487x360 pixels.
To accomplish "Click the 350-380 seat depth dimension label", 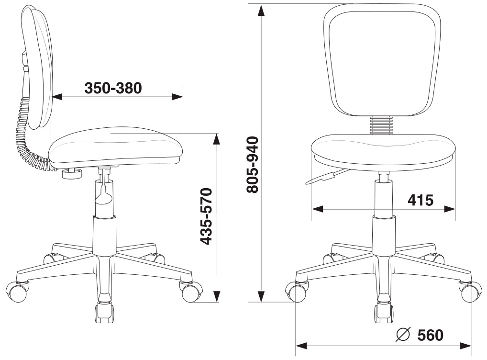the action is pyautogui.click(x=113, y=88).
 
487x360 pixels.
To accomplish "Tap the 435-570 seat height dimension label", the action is pyautogui.click(x=206, y=216).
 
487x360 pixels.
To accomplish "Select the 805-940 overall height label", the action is pyautogui.click(x=253, y=165).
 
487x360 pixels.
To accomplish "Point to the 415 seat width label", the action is pyautogui.click(x=420, y=200).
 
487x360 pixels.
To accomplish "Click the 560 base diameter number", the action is pyautogui.click(x=431, y=335).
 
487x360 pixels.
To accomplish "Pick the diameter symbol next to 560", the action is pyautogui.click(x=403, y=335).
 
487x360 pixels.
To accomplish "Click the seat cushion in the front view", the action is pyautogui.click(x=384, y=152).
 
